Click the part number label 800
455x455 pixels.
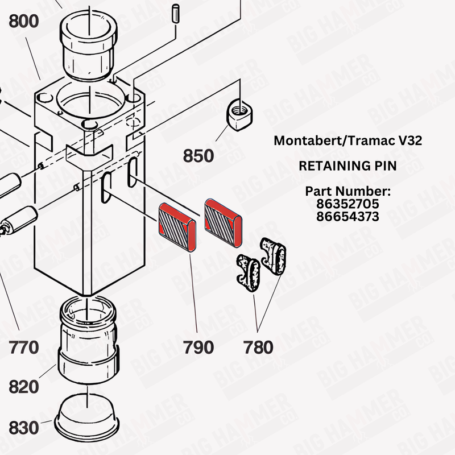(23, 22)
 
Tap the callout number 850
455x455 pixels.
(198, 155)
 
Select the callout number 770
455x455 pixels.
(24, 346)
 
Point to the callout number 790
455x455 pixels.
(198, 346)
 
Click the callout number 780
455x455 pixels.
(258, 346)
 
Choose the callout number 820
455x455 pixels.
(24, 387)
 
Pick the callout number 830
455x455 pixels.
(24, 427)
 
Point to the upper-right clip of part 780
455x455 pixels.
(274, 256)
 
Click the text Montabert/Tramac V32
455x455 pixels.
(348, 140)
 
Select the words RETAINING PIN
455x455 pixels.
(348, 167)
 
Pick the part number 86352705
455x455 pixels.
(348, 204)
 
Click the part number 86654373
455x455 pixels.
(348, 216)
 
